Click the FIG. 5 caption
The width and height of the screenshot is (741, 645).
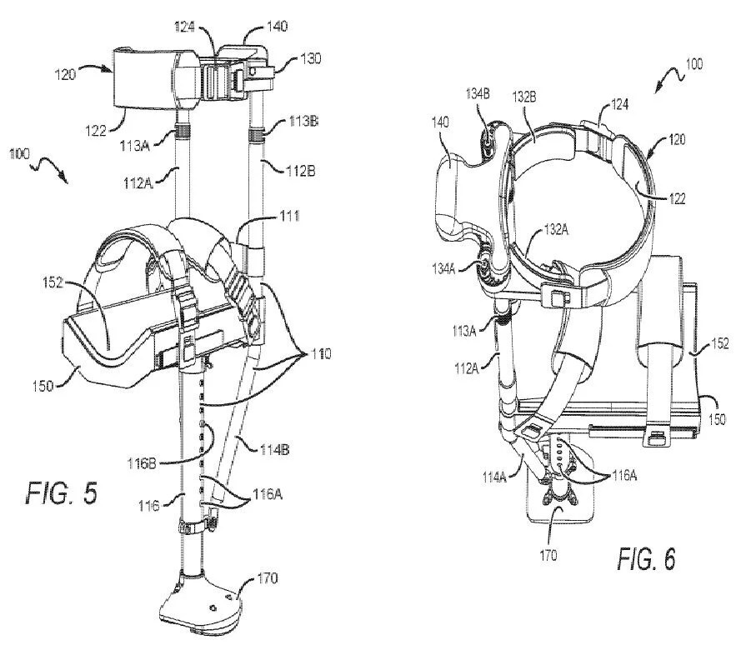(61, 492)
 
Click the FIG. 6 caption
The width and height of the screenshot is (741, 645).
(647, 559)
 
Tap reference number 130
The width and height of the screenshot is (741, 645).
(310, 58)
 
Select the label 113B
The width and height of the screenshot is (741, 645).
(303, 122)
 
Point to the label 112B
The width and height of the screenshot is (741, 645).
(301, 170)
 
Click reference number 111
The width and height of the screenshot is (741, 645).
(289, 216)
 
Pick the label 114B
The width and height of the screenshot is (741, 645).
(274, 450)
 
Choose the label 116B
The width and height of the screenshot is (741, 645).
(142, 463)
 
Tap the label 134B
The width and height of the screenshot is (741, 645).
(478, 93)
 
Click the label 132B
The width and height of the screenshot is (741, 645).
(524, 97)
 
